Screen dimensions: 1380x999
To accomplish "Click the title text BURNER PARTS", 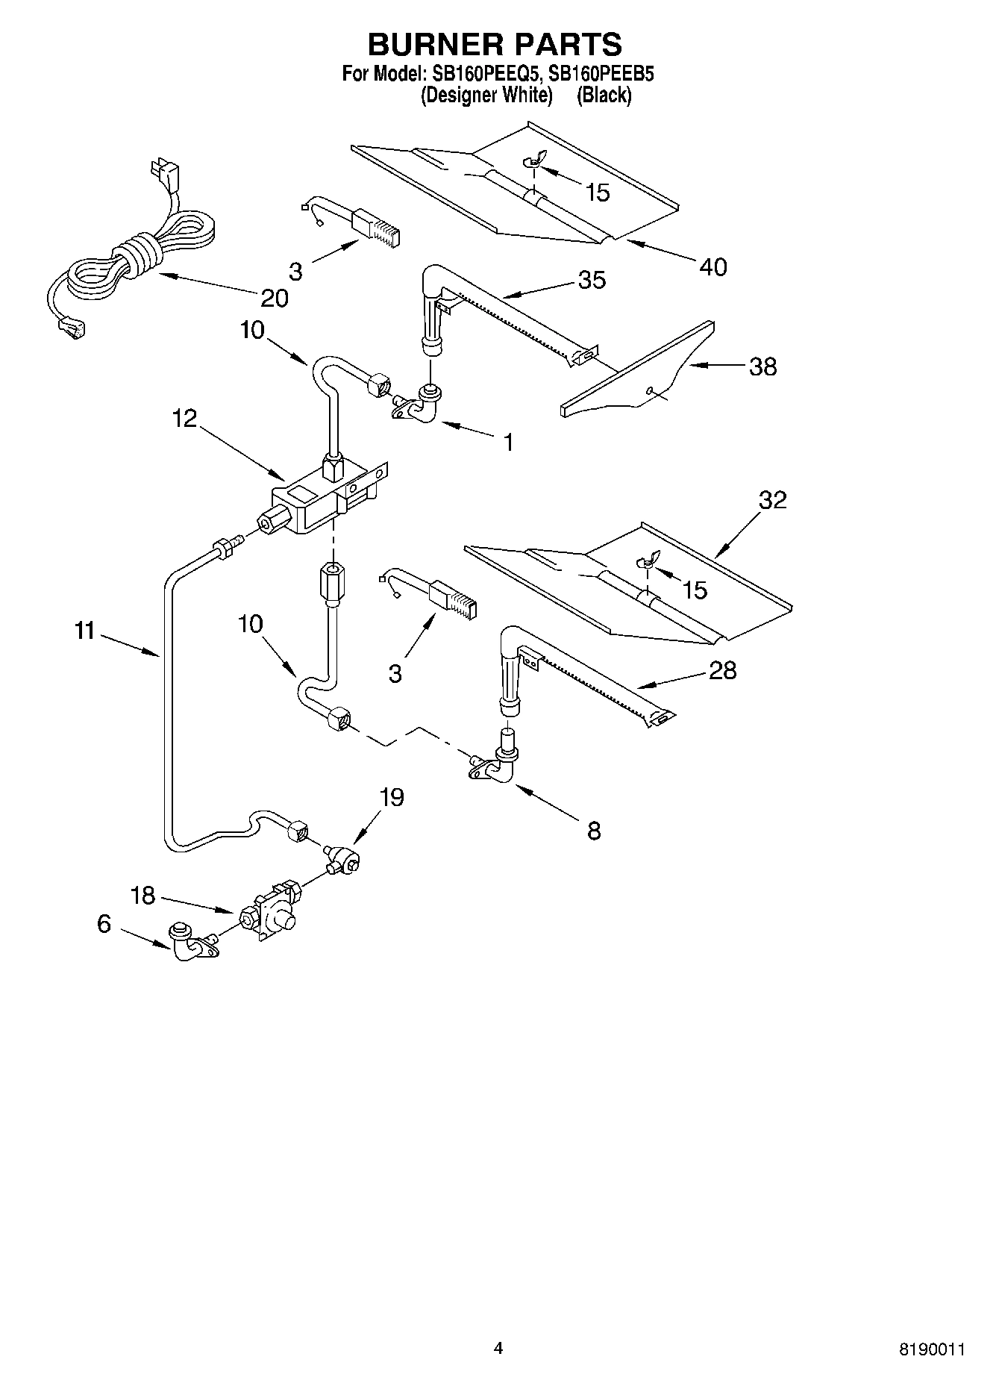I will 495,45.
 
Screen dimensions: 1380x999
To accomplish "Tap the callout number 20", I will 274,298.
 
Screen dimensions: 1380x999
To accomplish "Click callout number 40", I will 713,266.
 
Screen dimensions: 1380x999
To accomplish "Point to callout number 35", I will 592,280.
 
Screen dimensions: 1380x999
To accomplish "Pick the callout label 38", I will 762,366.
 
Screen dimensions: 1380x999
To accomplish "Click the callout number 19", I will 391,797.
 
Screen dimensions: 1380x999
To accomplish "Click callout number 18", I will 143,895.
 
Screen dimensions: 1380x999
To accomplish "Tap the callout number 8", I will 594,831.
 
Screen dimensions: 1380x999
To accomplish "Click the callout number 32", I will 772,499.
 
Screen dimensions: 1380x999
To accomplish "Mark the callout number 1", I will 508,443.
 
